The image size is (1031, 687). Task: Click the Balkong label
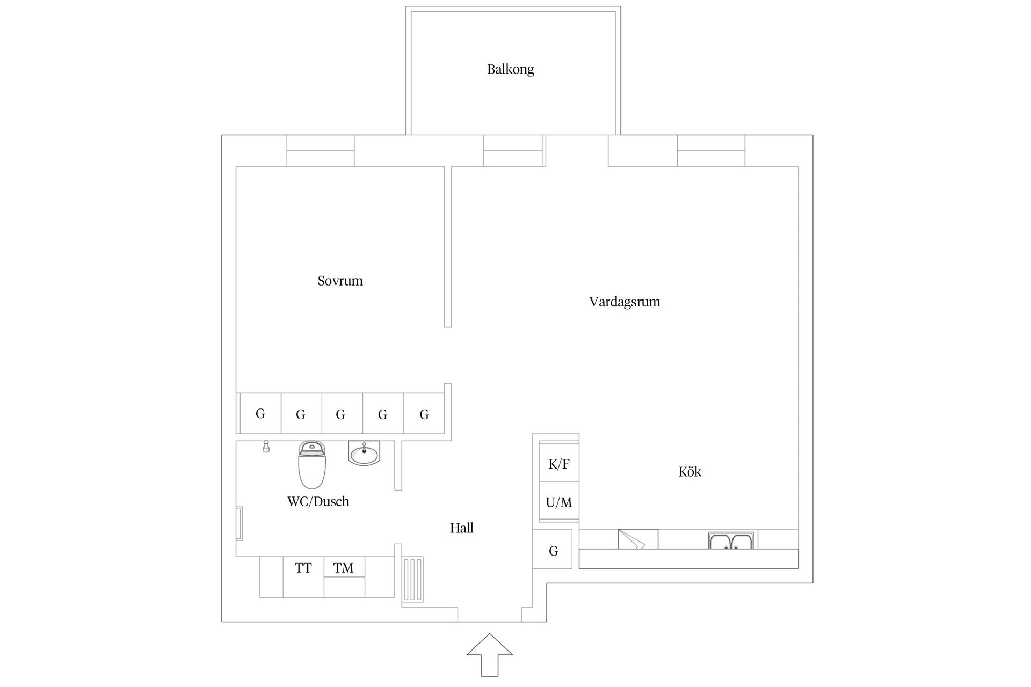pyautogui.click(x=510, y=69)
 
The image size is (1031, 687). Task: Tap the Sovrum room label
pyautogui.click(x=340, y=281)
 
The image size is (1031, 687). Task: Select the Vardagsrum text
pyautogui.click(x=624, y=302)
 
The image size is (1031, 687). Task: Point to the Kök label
pyautogui.click(x=689, y=472)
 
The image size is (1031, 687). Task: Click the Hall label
pyautogui.click(x=461, y=528)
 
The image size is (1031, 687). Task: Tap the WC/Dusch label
pyautogui.click(x=318, y=501)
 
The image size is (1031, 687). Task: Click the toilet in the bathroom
pyautogui.click(x=312, y=465)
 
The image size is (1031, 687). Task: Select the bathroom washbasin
pyautogui.click(x=364, y=454)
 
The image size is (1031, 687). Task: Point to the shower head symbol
pyautogui.click(x=266, y=447)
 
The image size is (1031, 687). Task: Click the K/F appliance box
pyautogui.click(x=559, y=464)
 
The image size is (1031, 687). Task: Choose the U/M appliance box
pyautogui.click(x=559, y=502)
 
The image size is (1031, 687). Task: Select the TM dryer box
pyautogui.click(x=344, y=567)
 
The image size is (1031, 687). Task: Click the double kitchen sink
pyautogui.click(x=731, y=540)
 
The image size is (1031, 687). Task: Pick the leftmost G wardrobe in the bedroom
pyautogui.click(x=260, y=413)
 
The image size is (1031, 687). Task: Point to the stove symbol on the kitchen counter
pyautogui.click(x=637, y=539)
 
